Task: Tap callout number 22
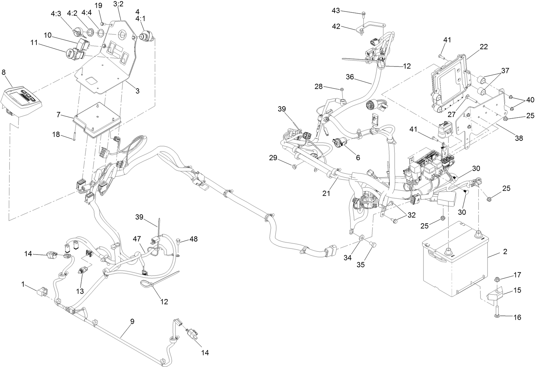[484, 47]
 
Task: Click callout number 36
[350, 77]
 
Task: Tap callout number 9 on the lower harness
[132, 321]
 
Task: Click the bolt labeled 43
[363, 14]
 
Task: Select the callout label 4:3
[56, 14]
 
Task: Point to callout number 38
[518, 138]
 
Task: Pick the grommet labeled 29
[295, 167]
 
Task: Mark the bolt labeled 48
[179, 242]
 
